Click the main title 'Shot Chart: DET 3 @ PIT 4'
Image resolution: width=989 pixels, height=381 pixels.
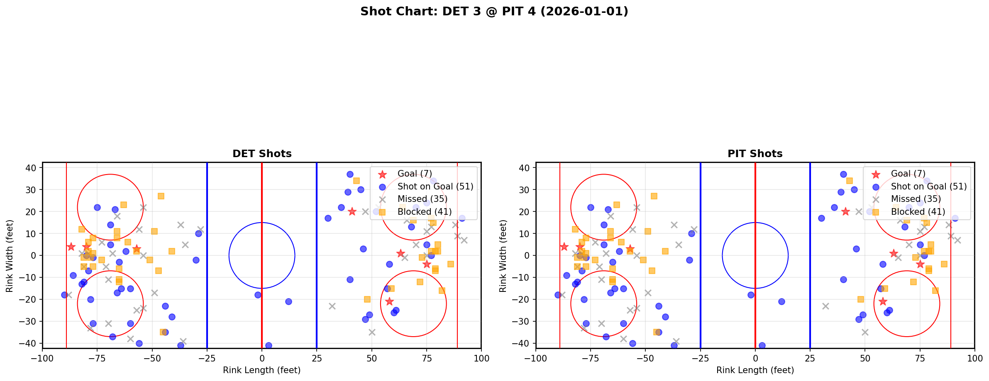point(494,12)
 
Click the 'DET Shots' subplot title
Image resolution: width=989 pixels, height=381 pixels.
point(262,154)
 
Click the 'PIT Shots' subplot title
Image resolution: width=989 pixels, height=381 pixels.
point(755,154)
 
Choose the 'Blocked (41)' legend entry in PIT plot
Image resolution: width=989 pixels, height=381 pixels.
point(918,212)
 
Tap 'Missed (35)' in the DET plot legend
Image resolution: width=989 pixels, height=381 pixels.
point(422,199)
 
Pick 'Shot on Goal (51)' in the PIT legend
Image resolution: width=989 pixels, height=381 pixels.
point(928,187)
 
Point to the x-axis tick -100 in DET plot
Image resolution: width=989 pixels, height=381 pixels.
point(42,358)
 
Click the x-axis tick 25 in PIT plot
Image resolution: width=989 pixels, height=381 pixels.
point(810,358)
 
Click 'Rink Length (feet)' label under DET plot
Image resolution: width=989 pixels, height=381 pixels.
point(262,370)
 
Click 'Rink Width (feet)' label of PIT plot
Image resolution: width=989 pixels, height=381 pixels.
point(503,255)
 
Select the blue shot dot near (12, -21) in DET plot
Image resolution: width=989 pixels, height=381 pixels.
point(288,301)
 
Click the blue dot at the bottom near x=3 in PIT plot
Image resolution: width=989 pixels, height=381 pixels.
point(762,345)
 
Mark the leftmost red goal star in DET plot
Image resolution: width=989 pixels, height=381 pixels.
point(71,247)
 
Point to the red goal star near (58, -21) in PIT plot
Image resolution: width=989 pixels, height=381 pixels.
point(883,301)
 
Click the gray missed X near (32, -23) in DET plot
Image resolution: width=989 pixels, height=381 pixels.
point(332,306)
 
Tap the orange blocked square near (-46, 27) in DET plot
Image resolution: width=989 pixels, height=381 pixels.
point(161,196)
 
